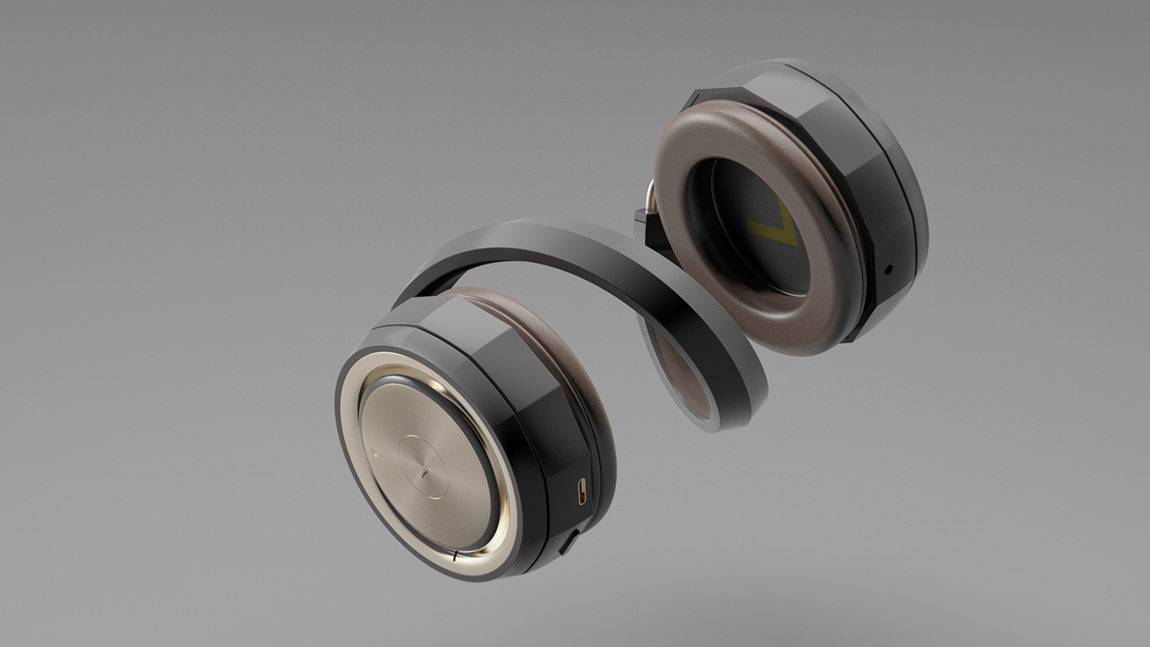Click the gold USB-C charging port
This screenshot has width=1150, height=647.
tap(582, 491)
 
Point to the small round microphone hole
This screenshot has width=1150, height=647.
tap(888, 268)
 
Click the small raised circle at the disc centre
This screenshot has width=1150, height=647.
tap(425, 466)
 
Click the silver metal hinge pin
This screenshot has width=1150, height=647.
tap(651, 196)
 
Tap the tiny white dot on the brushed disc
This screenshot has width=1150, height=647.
tap(375, 451)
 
